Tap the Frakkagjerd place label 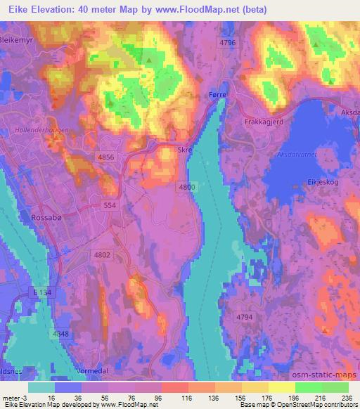264,122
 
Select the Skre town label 184,150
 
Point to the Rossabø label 47,218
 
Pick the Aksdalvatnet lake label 298,153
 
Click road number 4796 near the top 226,44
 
